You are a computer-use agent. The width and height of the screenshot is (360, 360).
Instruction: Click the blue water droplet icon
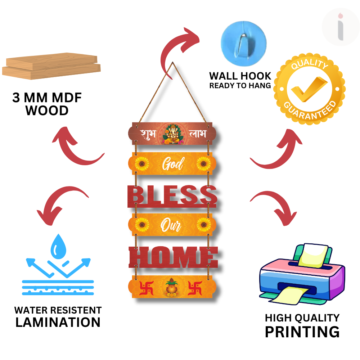[x=57, y=246]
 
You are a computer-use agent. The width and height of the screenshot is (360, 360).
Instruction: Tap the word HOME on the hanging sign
[x=173, y=257]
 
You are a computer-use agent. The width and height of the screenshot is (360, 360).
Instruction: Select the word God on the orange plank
[x=173, y=165]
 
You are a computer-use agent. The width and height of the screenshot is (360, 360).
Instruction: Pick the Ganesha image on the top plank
[x=171, y=134]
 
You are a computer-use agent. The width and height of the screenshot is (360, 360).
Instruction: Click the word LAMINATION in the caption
[x=58, y=322]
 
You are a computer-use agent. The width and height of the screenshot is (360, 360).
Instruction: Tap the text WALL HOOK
[x=240, y=76]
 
